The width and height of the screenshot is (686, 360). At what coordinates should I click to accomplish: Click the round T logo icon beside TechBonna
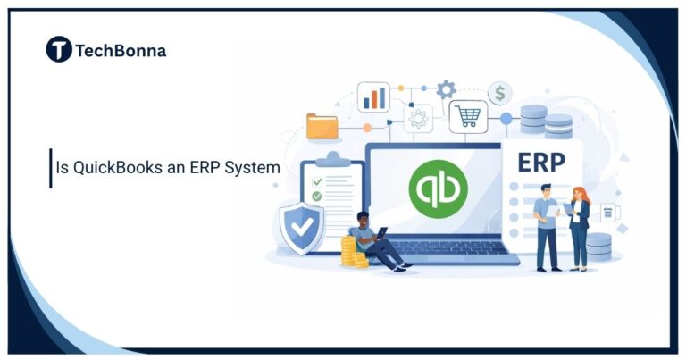coord(59,50)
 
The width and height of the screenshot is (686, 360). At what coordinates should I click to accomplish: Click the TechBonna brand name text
coord(121,51)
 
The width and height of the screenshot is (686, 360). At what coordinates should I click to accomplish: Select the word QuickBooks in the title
coord(117,167)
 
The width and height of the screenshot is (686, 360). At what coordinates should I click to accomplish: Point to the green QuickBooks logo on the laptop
coord(438,188)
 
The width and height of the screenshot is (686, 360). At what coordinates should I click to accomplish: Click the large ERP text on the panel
coord(540,163)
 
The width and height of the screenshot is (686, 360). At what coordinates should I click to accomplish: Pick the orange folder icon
coord(322,126)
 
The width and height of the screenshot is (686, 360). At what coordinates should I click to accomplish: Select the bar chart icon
coord(373,97)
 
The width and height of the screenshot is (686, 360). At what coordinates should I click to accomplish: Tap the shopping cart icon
coord(468,116)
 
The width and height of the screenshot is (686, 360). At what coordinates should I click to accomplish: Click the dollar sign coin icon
coord(500,93)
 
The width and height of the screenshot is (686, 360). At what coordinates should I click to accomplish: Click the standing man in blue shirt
coord(546,227)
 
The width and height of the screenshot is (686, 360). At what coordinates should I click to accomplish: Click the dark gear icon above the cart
coord(446,89)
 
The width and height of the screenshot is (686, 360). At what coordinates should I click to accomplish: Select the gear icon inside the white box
coord(417,119)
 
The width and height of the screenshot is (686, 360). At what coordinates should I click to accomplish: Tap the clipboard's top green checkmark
coord(316,181)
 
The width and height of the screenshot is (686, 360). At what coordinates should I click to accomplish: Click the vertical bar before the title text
coord(51,167)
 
